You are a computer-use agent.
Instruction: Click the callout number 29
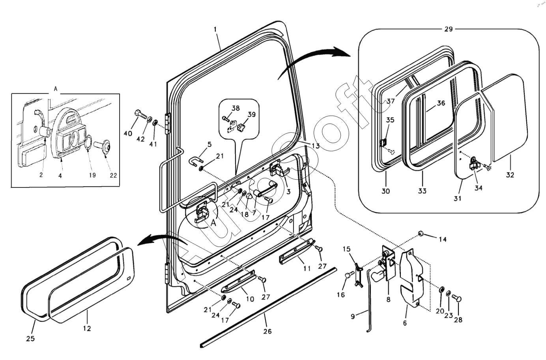(x=448, y=29)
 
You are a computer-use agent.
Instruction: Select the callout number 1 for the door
(x=215, y=30)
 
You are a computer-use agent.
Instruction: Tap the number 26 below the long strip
(x=267, y=332)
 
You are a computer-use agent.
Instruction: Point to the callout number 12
(x=87, y=328)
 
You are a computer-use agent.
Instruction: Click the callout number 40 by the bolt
(x=128, y=133)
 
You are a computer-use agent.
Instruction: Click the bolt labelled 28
(x=458, y=299)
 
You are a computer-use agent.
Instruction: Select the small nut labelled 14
(x=421, y=234)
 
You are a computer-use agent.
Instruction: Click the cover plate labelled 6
(x=410, y=276)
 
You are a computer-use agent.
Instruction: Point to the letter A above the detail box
(x=56, y=89)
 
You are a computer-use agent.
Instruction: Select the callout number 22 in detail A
(x=114, y=175)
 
